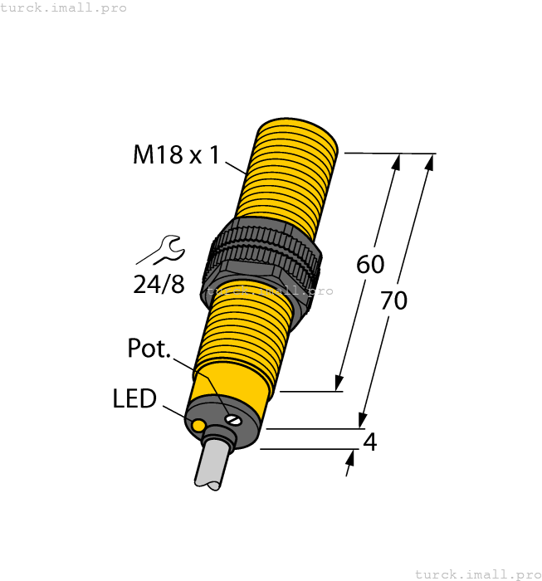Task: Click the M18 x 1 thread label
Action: tap(176, 154)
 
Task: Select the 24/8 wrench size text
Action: tap(159, 284)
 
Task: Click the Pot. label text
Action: tap(149, 349)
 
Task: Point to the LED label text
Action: tap(134, 399)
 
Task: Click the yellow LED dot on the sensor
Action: tap(198, 426)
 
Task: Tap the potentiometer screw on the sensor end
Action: tap(234, 419)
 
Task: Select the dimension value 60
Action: tap(370, 265)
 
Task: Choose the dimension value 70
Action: tap(393, 300)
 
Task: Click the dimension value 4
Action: tap(370, 442)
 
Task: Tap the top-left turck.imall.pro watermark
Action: tap(64, 7)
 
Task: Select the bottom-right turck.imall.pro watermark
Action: tap(477, 574)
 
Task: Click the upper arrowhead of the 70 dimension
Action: tap(430, 163)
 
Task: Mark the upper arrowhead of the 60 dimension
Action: tap(396, 163)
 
